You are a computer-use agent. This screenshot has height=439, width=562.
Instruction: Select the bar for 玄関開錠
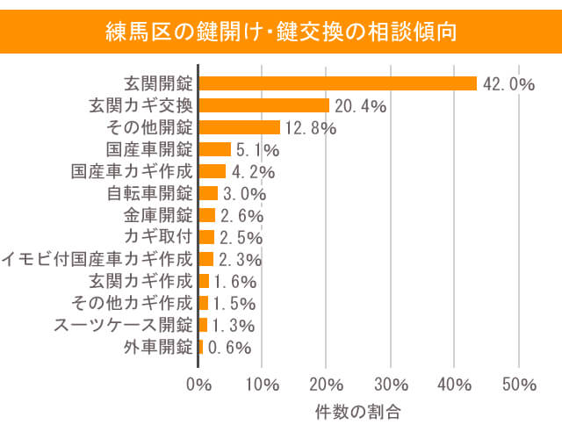338,83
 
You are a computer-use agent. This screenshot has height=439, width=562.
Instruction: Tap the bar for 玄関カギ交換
264,105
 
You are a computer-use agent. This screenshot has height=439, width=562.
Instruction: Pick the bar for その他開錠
240,127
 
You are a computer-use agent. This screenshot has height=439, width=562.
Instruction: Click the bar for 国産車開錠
215,149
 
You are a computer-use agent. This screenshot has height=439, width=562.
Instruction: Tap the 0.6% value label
230,348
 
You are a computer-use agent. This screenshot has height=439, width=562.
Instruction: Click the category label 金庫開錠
158,215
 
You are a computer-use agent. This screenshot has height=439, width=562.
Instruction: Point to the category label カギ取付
158,237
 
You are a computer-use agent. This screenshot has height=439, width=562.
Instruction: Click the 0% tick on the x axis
199,385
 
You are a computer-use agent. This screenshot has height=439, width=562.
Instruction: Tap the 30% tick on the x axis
391,385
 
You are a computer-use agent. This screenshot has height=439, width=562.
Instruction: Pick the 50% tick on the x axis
518,385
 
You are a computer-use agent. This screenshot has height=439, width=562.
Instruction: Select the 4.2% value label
255,172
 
